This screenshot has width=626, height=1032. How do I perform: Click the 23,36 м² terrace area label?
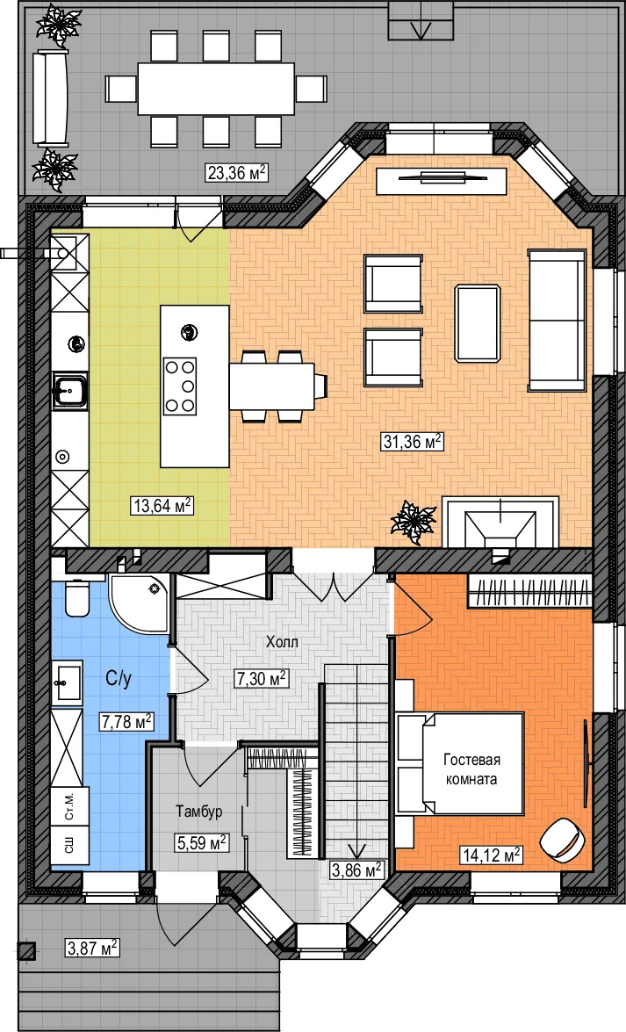[237, 173]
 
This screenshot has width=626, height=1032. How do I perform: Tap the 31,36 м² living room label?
[412, 442]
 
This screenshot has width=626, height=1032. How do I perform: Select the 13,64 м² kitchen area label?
[162, 506]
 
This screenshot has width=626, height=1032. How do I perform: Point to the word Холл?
[282, 641]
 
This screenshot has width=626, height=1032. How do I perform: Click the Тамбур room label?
[198, 812]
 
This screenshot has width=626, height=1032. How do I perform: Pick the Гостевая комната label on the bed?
[471, 769]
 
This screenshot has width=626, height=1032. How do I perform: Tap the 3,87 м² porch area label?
[92, 949]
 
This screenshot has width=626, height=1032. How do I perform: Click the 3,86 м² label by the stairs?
[356, 870]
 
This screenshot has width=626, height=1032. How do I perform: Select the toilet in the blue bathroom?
[77, 597]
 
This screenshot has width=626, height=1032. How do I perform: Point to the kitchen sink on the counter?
[69, 390]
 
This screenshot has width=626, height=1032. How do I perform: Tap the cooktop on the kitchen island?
[180, 386]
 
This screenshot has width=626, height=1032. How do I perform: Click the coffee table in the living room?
[478, 322]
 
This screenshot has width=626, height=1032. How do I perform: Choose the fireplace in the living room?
[500, 523]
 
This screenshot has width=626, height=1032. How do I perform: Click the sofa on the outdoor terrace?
[51, 97]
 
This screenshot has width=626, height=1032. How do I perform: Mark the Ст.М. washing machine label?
[69, 805]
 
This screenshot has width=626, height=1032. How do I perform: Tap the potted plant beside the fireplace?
[414, 522]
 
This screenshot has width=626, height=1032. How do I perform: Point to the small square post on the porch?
[25, 949]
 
